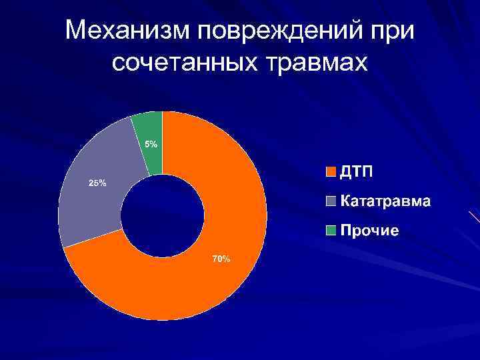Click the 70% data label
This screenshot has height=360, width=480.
coord(221,259)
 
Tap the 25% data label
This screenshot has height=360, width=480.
coord(97,183)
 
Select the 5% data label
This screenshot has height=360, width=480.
coord(151,144)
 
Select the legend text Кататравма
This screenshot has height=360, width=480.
coord(385,201)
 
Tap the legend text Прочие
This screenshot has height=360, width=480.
coord(370,231)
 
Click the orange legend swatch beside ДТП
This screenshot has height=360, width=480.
coord(331,172)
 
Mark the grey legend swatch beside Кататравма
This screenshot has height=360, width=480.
coord(331,201)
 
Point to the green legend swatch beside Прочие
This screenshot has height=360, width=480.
coord(331,231)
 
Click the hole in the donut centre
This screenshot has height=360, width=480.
coord(162,215)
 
